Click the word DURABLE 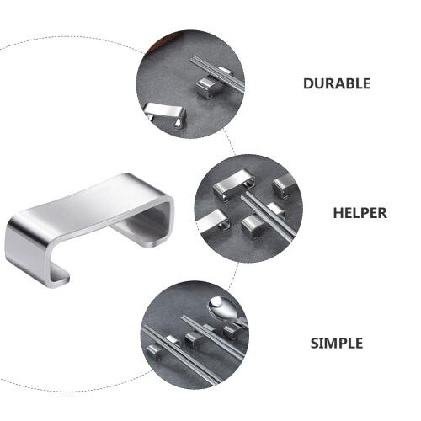click(x=337, y=83)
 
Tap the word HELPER click(x=360, y=213)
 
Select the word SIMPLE click(x=337, y=343)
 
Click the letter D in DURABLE click(x=308, y=83)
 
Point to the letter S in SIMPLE click(x=315, y=343)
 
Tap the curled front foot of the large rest click(x=56, y=276)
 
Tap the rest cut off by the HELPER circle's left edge click(x=213, y=221)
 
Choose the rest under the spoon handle click(x=232, y=331)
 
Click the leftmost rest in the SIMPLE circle click(x=154, y=352)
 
